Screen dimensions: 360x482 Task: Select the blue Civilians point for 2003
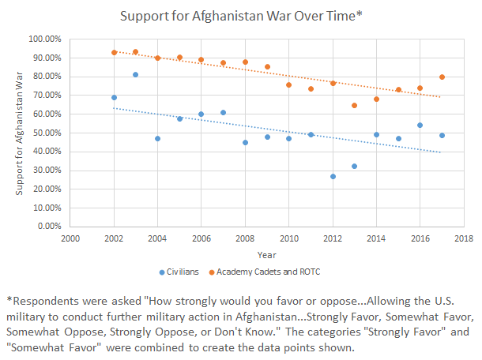[136, 75]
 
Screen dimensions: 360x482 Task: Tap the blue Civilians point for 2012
[333, 176]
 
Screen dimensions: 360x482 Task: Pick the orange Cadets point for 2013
[354, 106]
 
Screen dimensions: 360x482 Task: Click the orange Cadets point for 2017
[442, 77]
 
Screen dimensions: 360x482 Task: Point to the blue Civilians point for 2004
[158, 139]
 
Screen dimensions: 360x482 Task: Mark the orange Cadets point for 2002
[114, 53]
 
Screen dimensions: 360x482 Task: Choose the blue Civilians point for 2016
[420, 125]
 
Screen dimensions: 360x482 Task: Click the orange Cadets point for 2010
[288, 85]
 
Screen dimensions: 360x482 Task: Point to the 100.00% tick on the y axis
[47, 39]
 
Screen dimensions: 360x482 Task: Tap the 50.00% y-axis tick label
[48, 133]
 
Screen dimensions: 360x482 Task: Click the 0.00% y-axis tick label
[51, 226]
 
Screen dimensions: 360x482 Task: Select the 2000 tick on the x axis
[70, 238]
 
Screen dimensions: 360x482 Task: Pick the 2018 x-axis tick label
[463, 238]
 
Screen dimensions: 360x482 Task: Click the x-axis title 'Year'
[266, 254]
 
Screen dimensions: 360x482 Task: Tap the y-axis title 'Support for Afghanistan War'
[20, 133]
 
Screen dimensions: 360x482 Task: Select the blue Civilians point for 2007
[223, 113]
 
